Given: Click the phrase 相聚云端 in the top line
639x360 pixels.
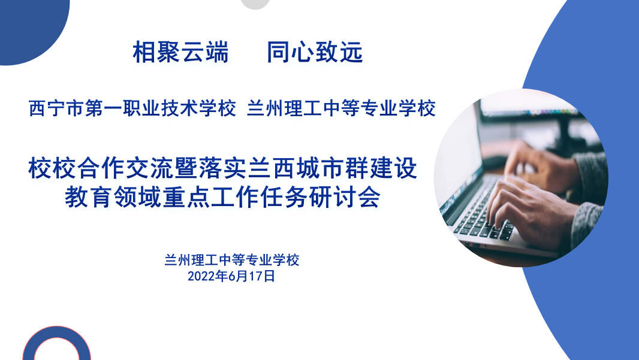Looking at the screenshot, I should (x=180, y=53).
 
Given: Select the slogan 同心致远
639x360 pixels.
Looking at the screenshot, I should (x=315, y=53).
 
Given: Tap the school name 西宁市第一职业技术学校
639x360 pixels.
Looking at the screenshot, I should (x=132, y=109).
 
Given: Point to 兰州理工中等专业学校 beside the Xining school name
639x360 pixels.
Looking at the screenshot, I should (x=341, y=109).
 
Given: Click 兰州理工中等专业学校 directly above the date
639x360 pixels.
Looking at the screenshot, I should (x=231, y=261).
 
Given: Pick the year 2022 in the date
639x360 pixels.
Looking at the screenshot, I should (x=201, y=276).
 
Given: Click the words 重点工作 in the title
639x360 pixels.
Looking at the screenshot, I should (x=194, y=197).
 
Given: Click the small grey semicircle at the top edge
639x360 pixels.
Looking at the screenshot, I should (x=255, y=4).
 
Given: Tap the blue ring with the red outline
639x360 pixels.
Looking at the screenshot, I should (x=56, y=346).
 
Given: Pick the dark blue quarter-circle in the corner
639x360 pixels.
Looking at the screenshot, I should (x=27, y=27).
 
